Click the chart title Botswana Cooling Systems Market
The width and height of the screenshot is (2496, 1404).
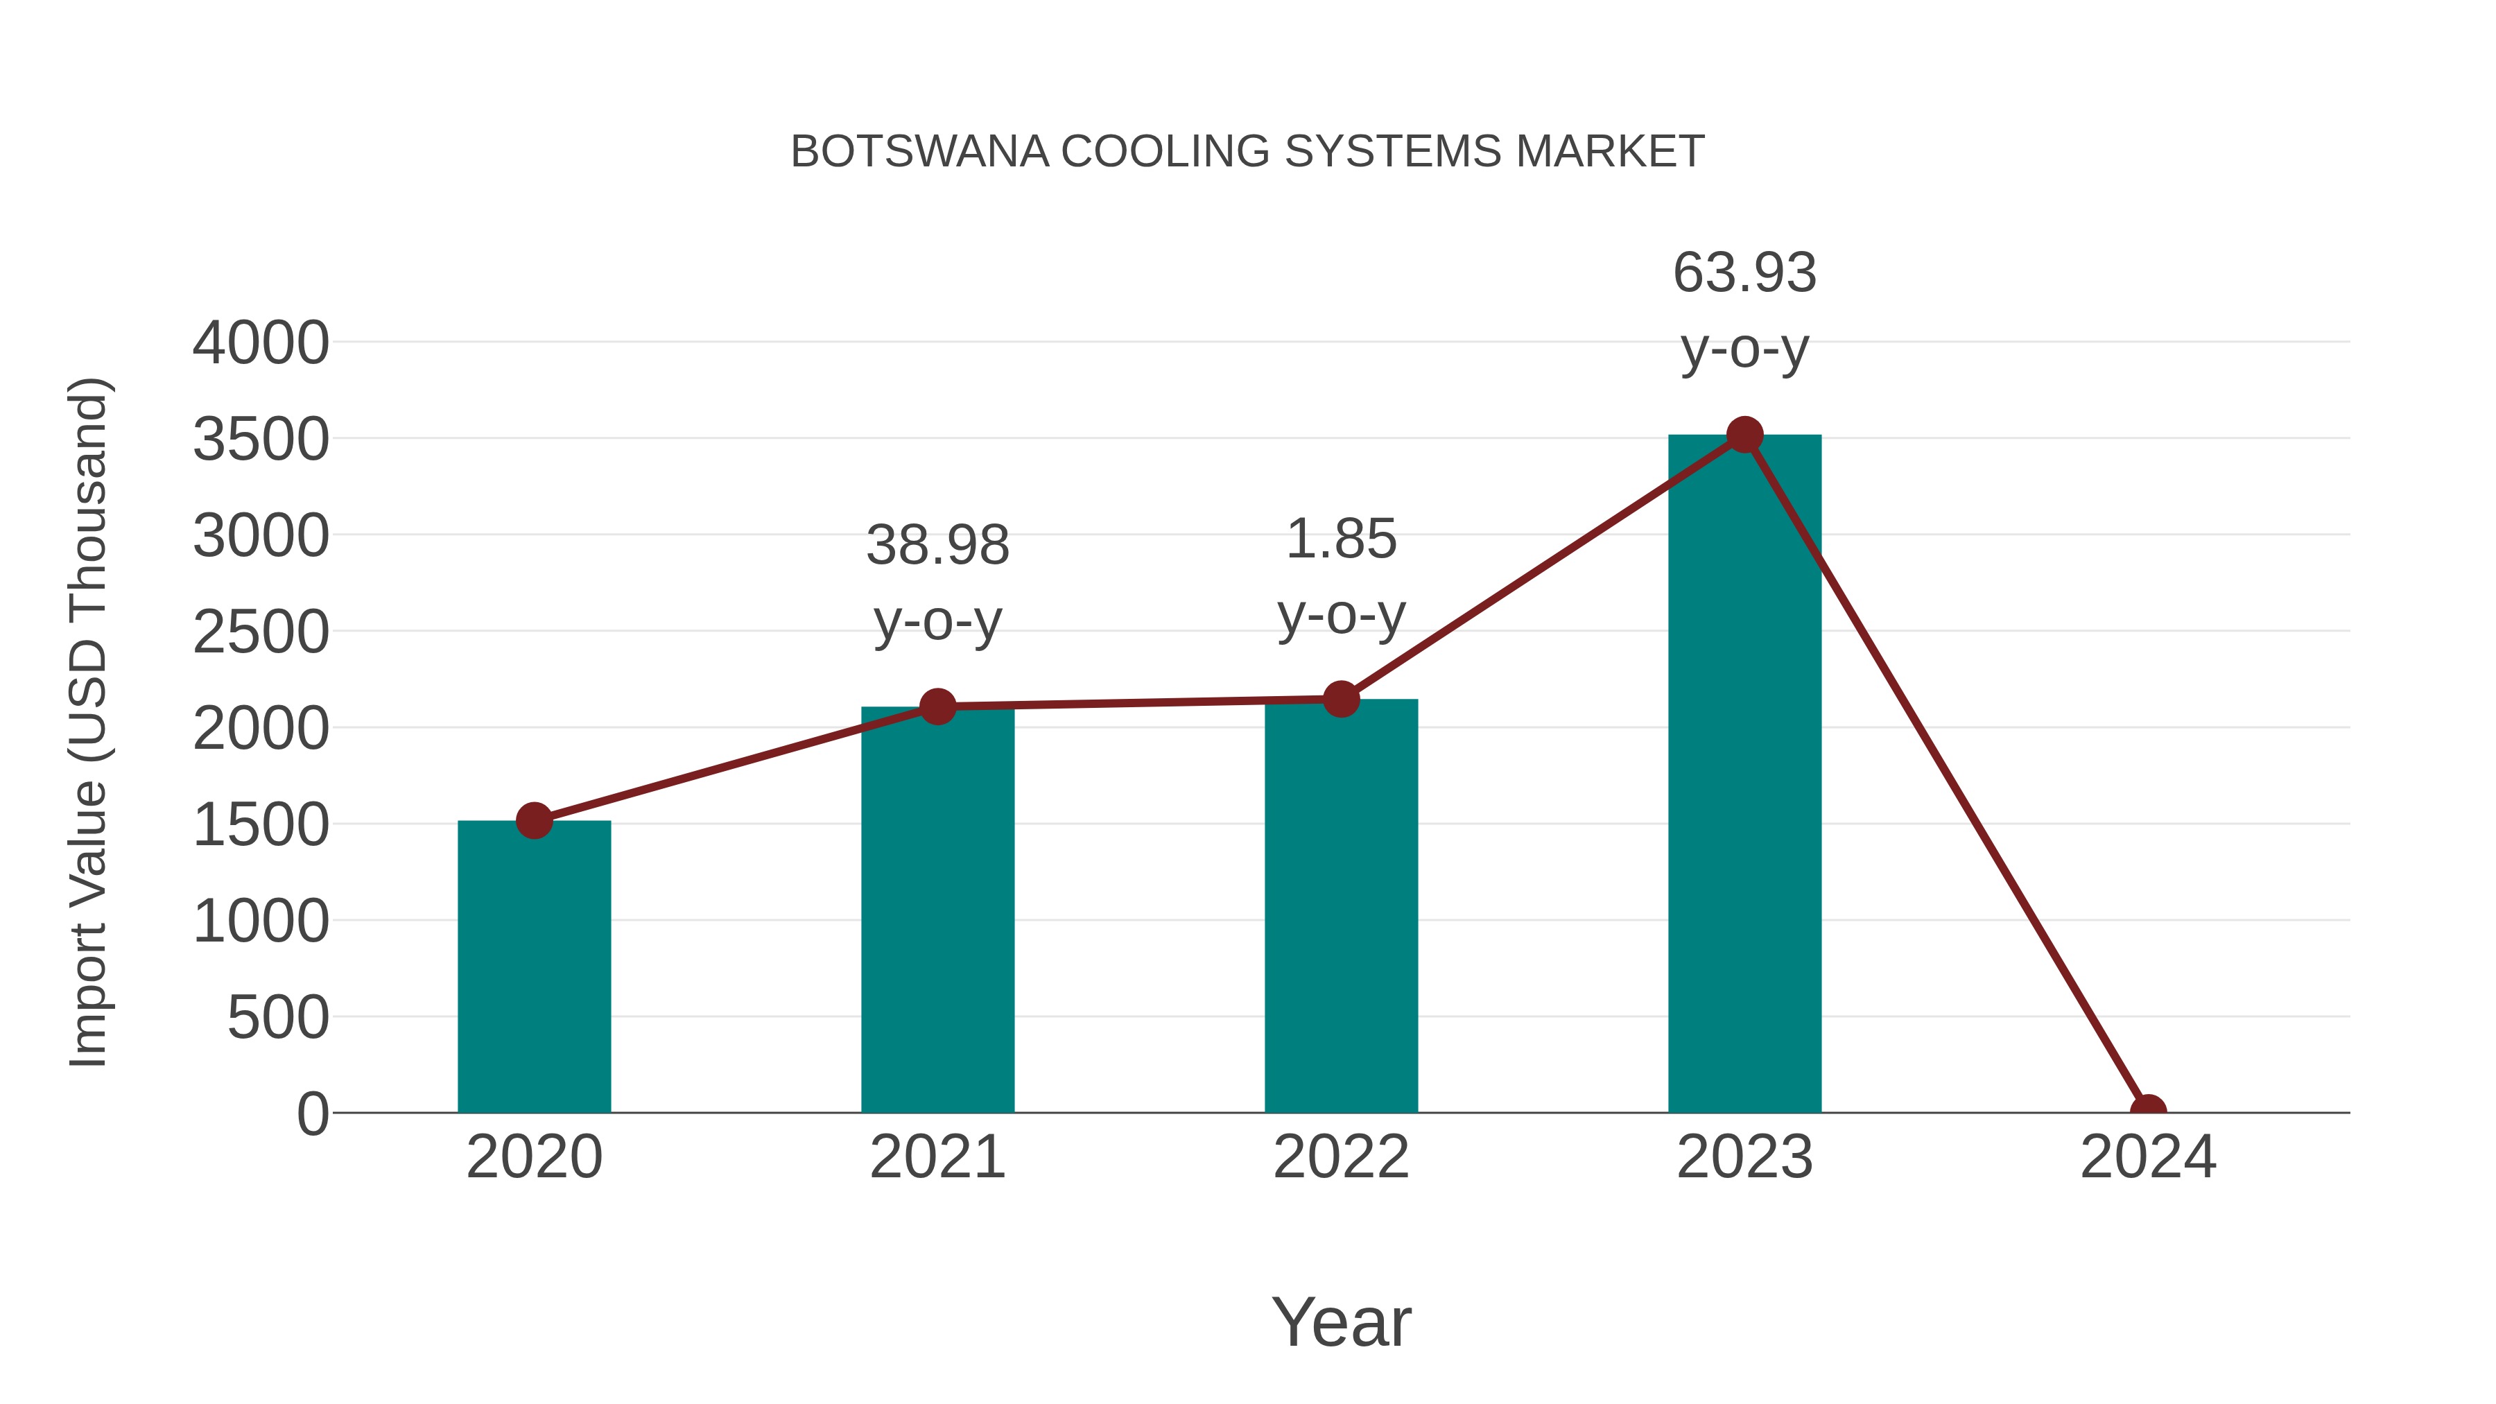pyautogui.click(x=1247, y=152)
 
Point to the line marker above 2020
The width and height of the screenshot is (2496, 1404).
pyautogui.click(x=534, y=821)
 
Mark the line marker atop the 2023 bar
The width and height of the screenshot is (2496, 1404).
pyautogui.click(x=1744, y=435)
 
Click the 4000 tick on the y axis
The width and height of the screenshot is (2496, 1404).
pyautogui.click(x=261, y=343)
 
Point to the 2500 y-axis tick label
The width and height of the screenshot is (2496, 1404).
pyautogui.click(x=261, y=633)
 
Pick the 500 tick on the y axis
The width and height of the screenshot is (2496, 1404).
pyautogui.click(x=278, y=1019)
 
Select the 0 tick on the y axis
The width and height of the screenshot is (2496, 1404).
pyautogui.click(x=313, y=1113)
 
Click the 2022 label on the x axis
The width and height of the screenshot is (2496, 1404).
pyautogui.click(x=1340, y=1157)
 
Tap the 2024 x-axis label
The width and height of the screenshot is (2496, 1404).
pyautogui.click(x=2147, y=1157)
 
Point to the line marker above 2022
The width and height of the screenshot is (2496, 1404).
pyautogui.click(x=1340, y=699)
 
